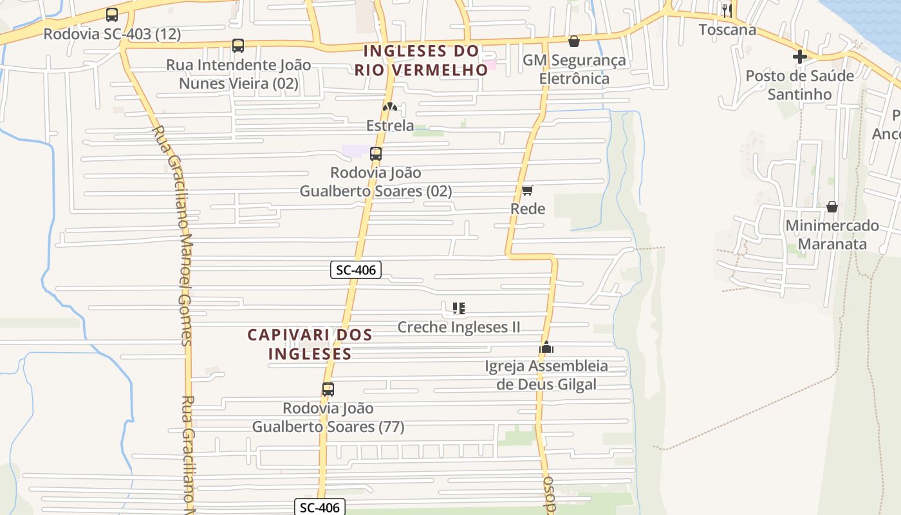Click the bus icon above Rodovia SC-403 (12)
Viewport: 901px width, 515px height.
click(x=112, y=15)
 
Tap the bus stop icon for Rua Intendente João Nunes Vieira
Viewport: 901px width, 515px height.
click(x=238, y=46)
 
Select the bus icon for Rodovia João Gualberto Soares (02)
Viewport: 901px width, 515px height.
click(x=376, y=154)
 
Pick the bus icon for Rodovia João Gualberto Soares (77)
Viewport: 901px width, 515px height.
click(x=328, y=389)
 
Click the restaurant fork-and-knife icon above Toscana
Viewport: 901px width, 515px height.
click(x=727, y=10)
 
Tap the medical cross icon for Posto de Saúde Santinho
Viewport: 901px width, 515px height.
click(x=800, y=57)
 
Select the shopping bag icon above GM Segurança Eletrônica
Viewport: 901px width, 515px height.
click(x=574, y=42)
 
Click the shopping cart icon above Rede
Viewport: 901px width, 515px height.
click(x=528, y=190)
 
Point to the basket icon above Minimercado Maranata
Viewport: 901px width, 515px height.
click(x=832, y=207)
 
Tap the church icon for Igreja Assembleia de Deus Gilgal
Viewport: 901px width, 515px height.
click(x=546, y=348)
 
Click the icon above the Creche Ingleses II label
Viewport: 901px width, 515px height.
click(x=459, y=308)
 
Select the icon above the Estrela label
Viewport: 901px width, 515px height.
click(x=390, y=106)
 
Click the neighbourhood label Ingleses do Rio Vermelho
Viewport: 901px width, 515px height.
click(x=422, y=60)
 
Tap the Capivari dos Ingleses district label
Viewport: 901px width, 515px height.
click(x=310, y=344)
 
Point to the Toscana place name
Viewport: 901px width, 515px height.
click(x=728, y=30)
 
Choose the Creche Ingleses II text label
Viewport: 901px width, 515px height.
click(x=459, y=327)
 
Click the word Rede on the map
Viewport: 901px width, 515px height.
click(x=528, y=209)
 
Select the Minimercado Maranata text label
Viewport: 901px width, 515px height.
click(x=832, y=235)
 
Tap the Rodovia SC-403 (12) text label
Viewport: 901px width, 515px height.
click(x=112, y=34)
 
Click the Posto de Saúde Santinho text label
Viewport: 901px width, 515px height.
click(x=800, y=85)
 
